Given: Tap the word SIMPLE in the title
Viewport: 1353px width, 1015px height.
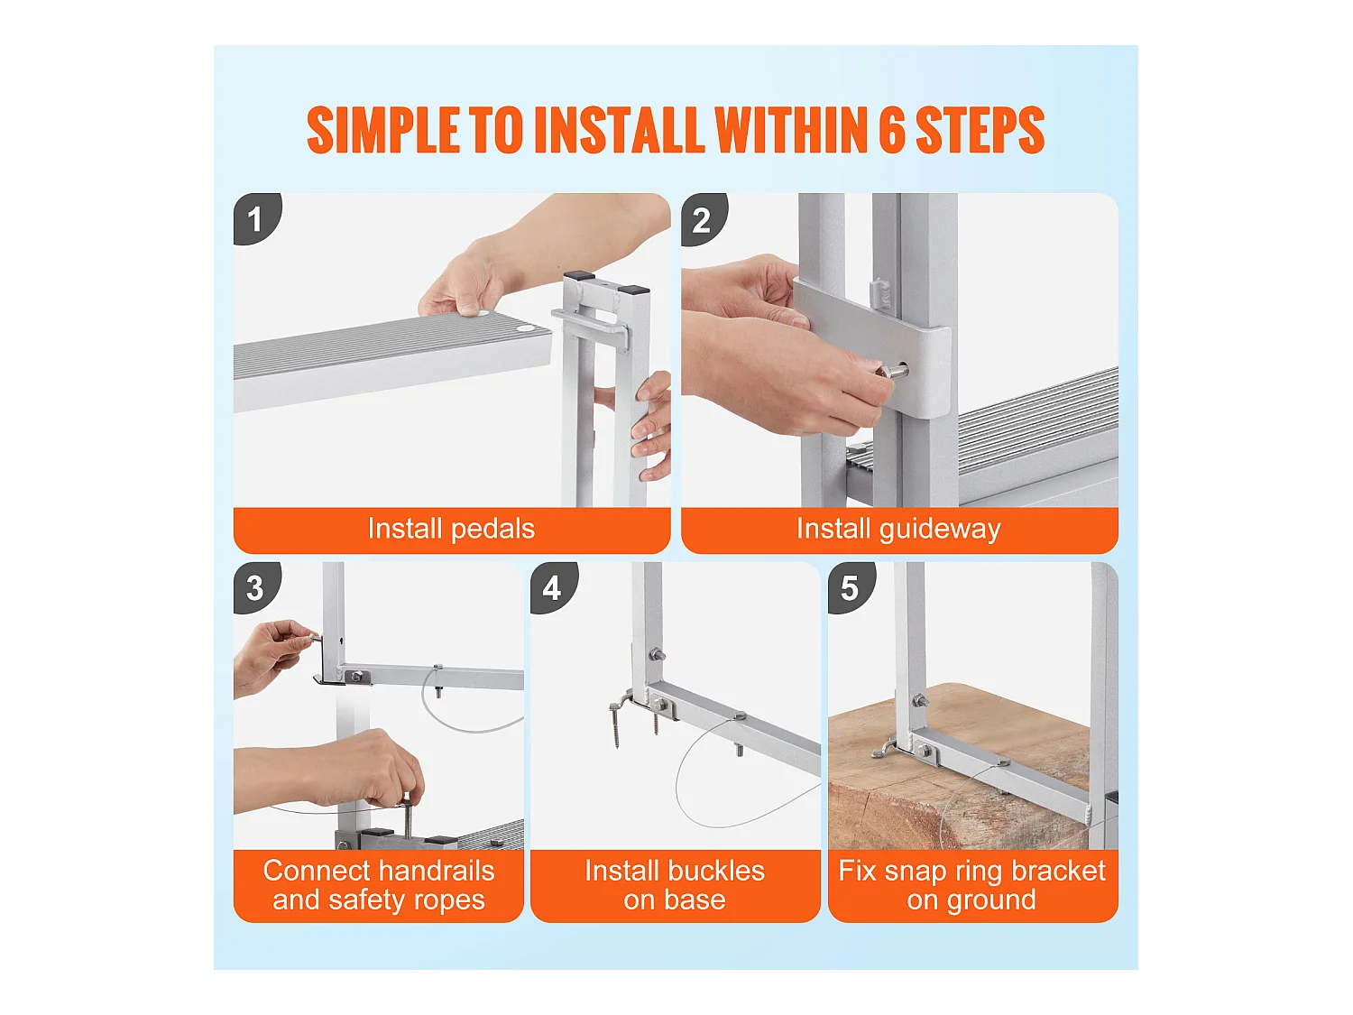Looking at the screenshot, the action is point(382,130).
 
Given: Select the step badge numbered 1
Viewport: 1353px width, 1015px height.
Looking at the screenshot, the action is point(256,218).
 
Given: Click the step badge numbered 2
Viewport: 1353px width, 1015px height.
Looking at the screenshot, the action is point(704,218).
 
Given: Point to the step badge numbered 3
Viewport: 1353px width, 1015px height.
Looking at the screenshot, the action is point(256,587).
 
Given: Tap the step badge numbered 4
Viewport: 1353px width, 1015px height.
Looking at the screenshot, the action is point(554,587).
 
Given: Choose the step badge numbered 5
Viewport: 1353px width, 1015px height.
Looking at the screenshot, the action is point(851,587).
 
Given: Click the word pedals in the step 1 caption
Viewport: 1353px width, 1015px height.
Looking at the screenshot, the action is point(493,530).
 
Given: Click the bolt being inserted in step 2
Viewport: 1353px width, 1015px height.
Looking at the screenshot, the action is point(892,372).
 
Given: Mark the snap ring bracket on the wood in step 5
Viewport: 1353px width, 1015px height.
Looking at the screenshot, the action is point(887,748).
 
